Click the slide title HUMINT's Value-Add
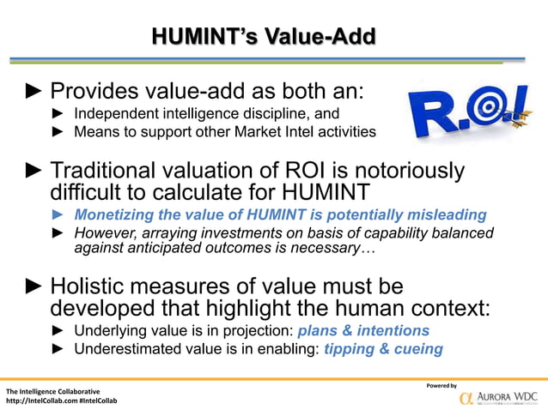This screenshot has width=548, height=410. click(x=263, y=37)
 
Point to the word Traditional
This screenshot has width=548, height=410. click(x=113, y=172)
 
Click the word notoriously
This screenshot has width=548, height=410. click(x=402, y=172)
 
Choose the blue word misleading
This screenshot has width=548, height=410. click(x=443, y=214)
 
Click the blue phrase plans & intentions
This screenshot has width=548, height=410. click(x=363, y=330)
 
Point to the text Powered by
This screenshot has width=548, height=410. click(x=441, y=385)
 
